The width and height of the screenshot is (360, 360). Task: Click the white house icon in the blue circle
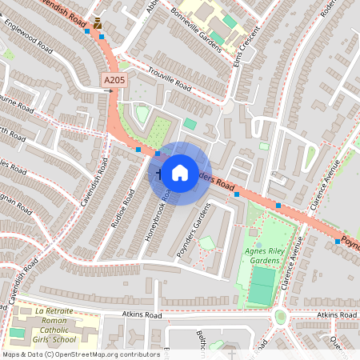tap(180, 172)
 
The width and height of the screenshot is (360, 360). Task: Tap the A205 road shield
tap(114, 81)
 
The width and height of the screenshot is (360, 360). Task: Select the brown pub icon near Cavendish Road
tap(98, 23)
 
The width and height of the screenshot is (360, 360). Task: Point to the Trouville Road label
tap(165, 79)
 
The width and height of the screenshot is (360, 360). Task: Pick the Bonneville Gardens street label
tap(197, 27)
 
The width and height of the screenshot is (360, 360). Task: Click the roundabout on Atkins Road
tap(281, 316)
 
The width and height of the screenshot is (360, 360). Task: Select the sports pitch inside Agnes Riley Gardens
tap(261, 286)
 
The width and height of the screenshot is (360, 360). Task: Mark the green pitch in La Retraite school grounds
tap(17, 332)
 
